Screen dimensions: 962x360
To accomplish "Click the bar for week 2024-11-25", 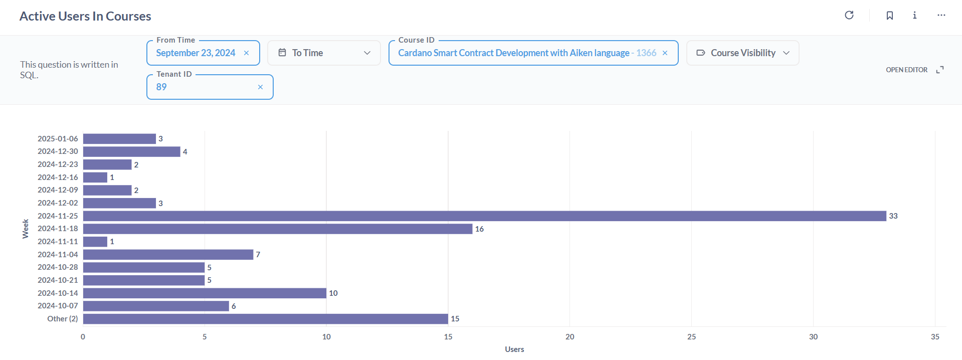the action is pos(484,216).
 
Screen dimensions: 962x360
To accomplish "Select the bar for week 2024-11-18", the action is pos(278,229).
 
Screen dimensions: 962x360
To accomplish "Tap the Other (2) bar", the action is pos(266,319).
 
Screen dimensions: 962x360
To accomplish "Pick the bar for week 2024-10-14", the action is pos(205,293).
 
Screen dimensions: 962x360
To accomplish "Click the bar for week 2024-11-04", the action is pos(168,255).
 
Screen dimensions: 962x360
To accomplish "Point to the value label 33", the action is pos(893,216).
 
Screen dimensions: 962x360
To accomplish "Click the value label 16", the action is pos(479,229).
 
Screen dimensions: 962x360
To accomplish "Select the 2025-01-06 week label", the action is pos(58,139).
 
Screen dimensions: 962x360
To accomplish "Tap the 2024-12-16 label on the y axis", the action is pos(58,177).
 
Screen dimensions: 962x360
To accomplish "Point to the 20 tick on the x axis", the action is pos(570,337).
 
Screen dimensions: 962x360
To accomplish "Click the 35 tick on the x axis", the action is pos(935,337).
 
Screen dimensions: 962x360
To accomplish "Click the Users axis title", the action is pos(514,349).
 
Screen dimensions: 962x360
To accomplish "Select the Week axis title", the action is pos(25,229).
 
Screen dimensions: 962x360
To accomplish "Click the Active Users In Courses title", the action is pos(85,16).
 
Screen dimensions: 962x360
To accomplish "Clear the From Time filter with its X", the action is pos(246,53).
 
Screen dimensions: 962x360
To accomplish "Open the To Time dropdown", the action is pos(324,53).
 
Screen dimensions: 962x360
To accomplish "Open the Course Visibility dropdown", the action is pos(742,53).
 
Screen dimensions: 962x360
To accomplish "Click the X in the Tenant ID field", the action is pos(260,87).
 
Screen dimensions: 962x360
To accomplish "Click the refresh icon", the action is pos(849,15).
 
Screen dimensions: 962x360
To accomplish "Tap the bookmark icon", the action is pos(890,16).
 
